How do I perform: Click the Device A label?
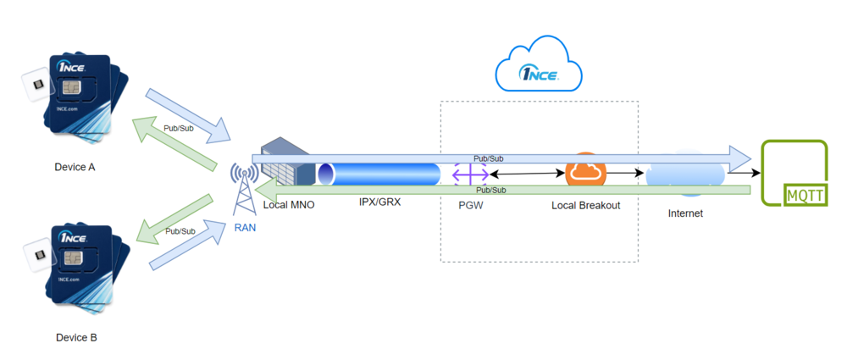coord(75,167)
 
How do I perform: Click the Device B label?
coord(76,338)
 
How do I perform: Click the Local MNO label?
coord(288,205)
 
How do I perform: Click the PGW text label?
coord(470,205)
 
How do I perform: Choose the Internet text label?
coord(685,213)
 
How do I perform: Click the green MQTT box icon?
coord(794,174)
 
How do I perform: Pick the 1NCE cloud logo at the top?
coord(539,65)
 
